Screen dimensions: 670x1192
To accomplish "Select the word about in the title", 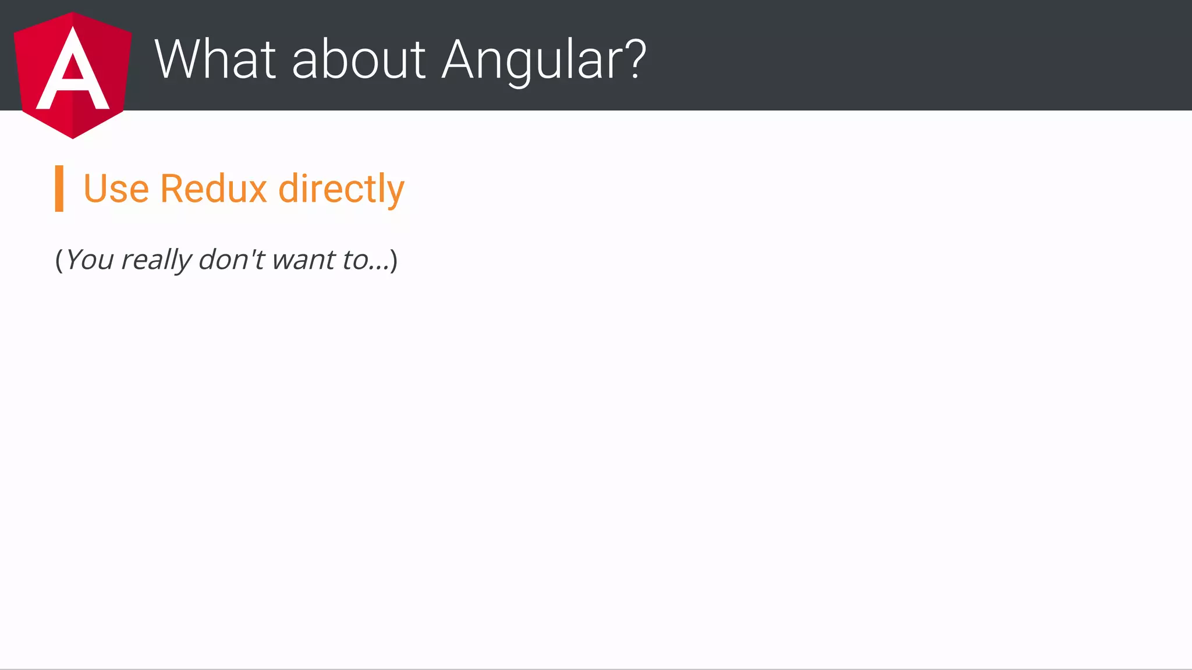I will point(359,59).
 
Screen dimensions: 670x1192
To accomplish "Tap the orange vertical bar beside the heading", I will point(59,189).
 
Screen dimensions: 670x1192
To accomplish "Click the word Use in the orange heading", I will point(116,189).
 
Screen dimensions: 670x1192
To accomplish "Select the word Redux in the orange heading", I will point(213,189).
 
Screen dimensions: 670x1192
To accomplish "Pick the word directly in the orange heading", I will point(341,190).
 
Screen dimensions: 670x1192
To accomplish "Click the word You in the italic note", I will point(90,260).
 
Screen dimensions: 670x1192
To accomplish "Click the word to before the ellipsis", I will point(354,260).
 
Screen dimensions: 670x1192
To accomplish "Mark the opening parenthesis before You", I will point(59,260).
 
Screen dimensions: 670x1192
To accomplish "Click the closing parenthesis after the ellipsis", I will point(394,260).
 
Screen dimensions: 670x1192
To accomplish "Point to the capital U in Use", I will point(94,189).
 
